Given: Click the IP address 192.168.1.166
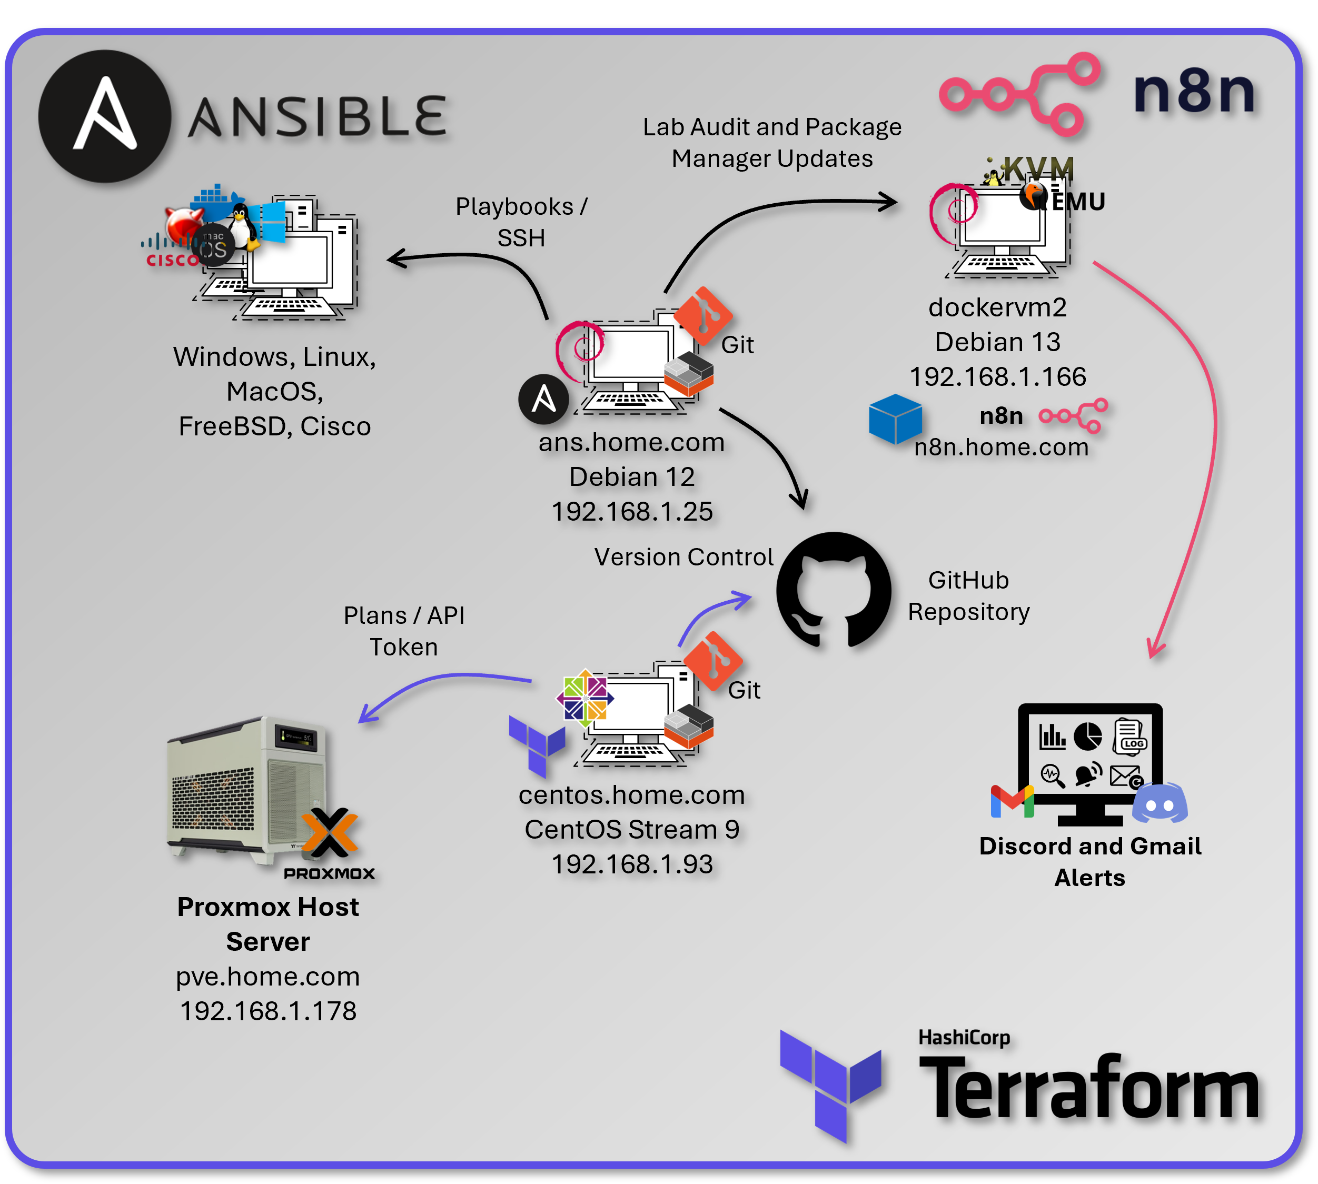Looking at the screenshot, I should coord(997,376).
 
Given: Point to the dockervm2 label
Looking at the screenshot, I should coord(997,307).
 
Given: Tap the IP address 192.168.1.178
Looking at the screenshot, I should coord(268,1011).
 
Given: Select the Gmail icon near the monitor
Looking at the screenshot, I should coord(1012,801).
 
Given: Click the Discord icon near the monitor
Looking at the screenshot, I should coord(1160,803).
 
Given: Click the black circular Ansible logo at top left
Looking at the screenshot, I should coord(105,116).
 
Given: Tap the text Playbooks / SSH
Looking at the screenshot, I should coord(521,222).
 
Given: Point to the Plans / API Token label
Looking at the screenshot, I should coord(404,631).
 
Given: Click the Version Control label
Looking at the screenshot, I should coord(683,557).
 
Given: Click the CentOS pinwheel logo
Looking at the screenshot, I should coord(585,698).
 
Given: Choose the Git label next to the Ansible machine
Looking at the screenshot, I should coord(737,345).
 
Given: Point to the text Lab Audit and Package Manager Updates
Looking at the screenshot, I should coord(772,143).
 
